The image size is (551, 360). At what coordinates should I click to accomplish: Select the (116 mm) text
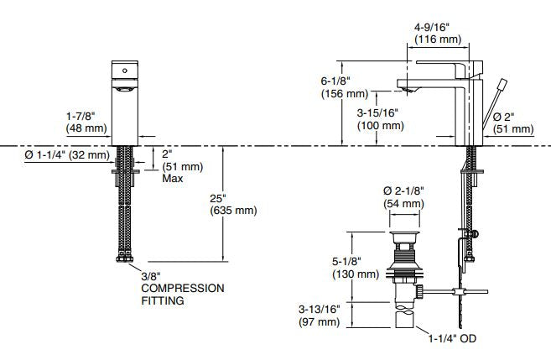click(435, 39)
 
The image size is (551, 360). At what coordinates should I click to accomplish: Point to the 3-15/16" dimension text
click(377, 112)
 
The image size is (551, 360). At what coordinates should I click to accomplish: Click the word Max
click(173, 179)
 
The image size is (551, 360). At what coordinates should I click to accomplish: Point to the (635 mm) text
click(233, 210)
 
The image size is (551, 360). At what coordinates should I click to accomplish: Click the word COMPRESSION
click(183, 288)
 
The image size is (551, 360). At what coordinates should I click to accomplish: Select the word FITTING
click(163, 300)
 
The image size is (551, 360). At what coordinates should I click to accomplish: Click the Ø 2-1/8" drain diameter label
click(404, 191)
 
